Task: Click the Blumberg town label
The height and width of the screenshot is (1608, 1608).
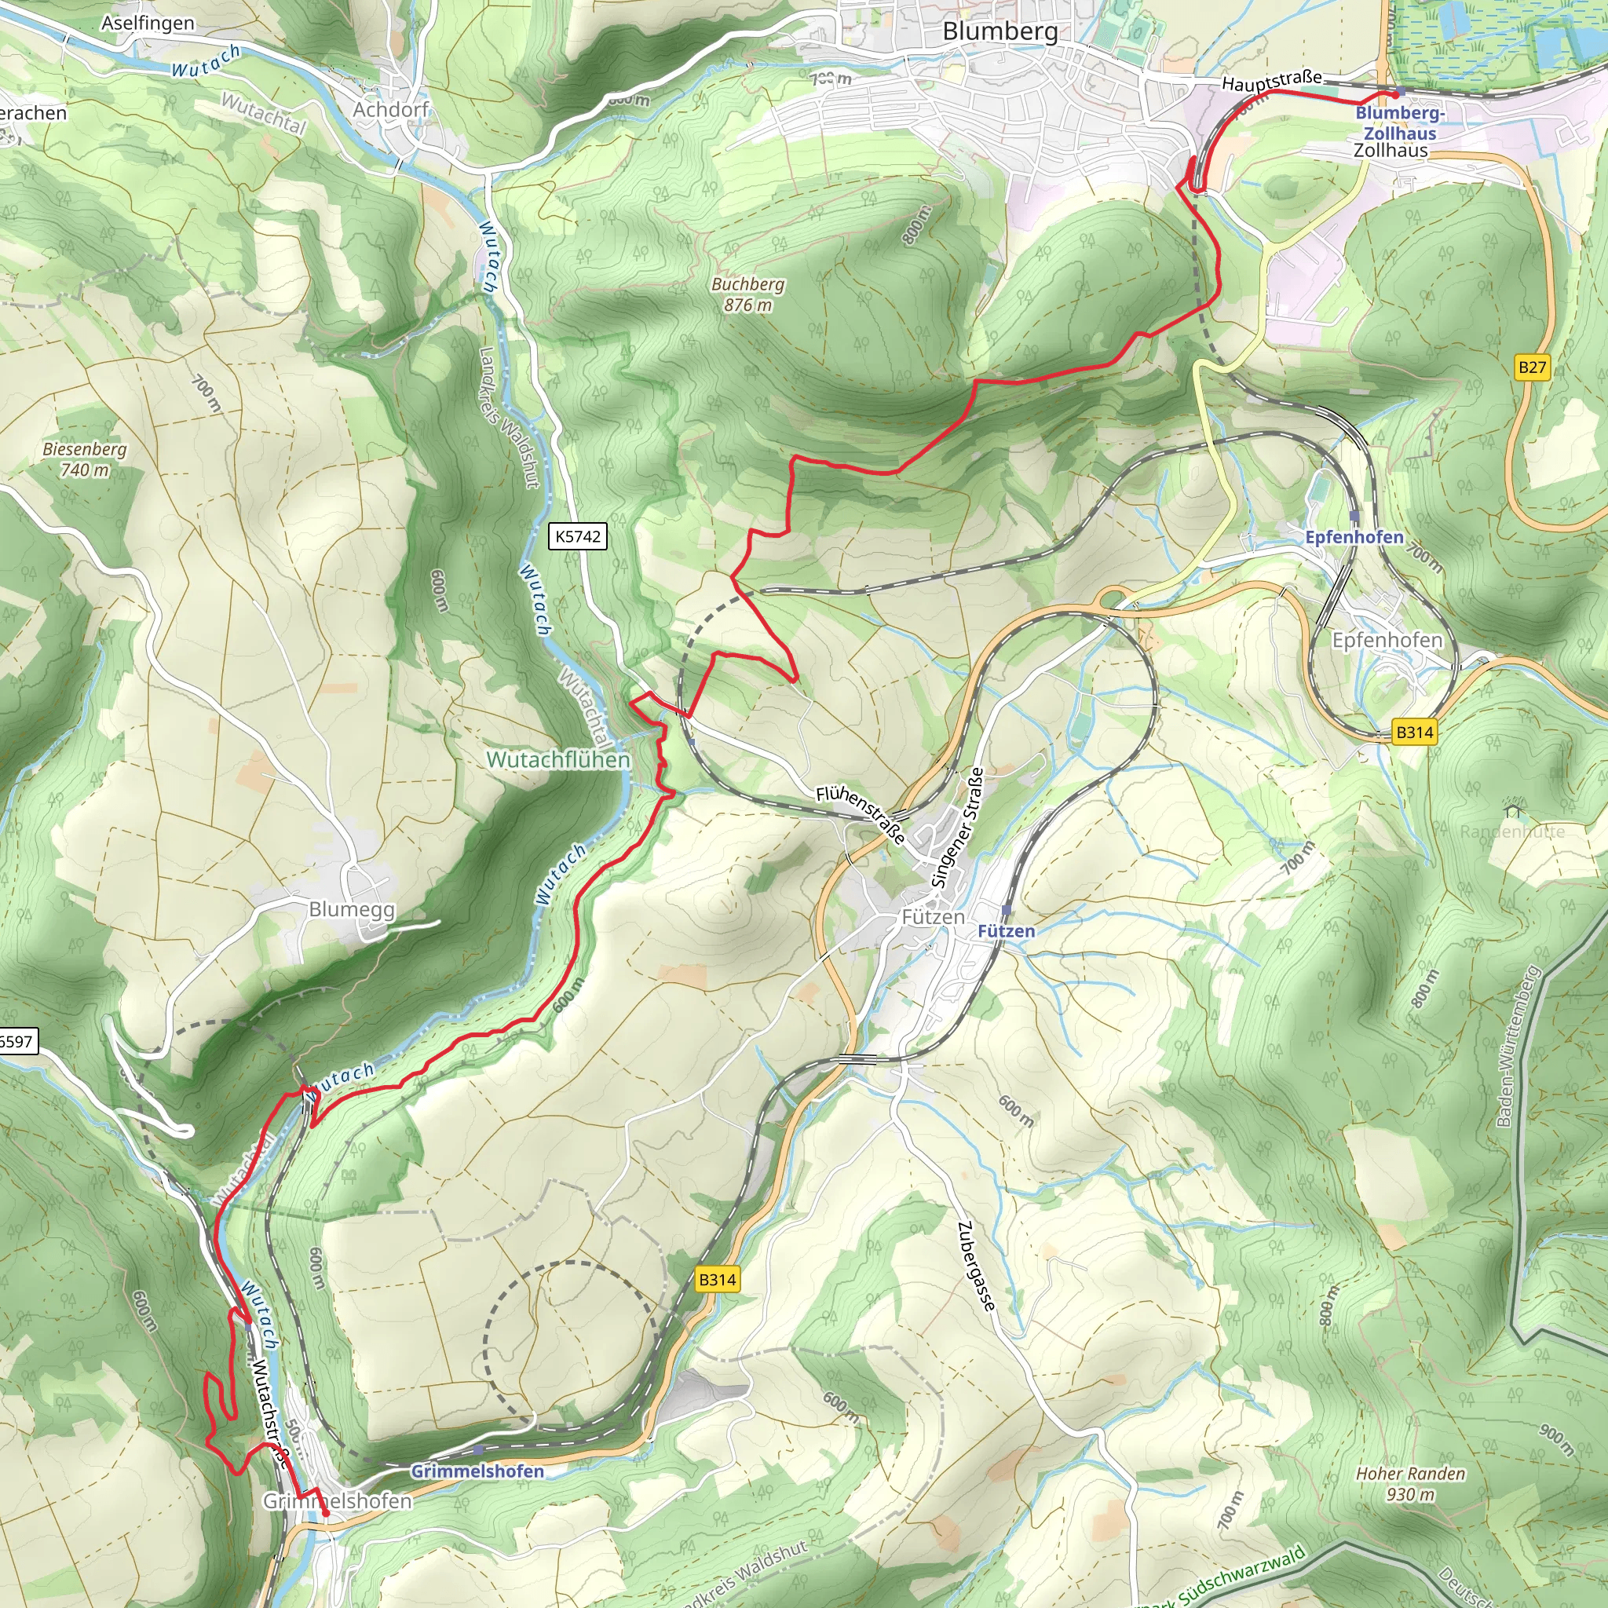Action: coord(1000,31)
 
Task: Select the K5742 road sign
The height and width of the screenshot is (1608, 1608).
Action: coord(578,536)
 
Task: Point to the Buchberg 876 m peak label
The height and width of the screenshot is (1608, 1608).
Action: coord(747,294)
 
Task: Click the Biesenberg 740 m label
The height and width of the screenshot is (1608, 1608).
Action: coord(85,459)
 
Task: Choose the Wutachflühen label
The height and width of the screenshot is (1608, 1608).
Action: coord(557,759)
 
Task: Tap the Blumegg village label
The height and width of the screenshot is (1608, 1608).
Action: coord(351,909)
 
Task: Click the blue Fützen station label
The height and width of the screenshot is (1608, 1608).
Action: coord(1006,930)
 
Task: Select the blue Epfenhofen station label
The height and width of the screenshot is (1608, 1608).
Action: coord(1354,537)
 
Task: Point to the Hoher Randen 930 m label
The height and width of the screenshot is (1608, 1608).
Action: coord(1411,1483)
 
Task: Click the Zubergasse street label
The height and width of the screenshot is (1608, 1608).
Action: coord(975,1266)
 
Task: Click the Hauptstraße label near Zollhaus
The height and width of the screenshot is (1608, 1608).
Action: coord(1271,81)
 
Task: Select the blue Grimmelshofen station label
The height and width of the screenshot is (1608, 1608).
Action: coord(477,1471)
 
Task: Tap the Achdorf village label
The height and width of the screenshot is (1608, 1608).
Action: coord(390,110)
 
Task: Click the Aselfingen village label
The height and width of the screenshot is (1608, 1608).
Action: coord(148,24)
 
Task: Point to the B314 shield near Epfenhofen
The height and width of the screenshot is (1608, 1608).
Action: coord(1414,733)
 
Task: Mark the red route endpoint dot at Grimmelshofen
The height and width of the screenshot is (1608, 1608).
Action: coord(325,1513)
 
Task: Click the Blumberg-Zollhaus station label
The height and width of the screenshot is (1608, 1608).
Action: coord(1400,122)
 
